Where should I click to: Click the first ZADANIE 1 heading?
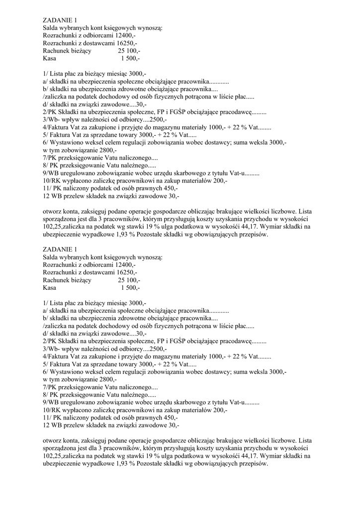[x=60, y=20]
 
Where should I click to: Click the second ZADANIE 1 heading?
[x=60, y=249]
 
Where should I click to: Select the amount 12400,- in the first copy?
[x=125, y=36]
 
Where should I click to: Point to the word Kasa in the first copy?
[x=50, y=58]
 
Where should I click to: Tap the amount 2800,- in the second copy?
[x=105, y=379]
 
